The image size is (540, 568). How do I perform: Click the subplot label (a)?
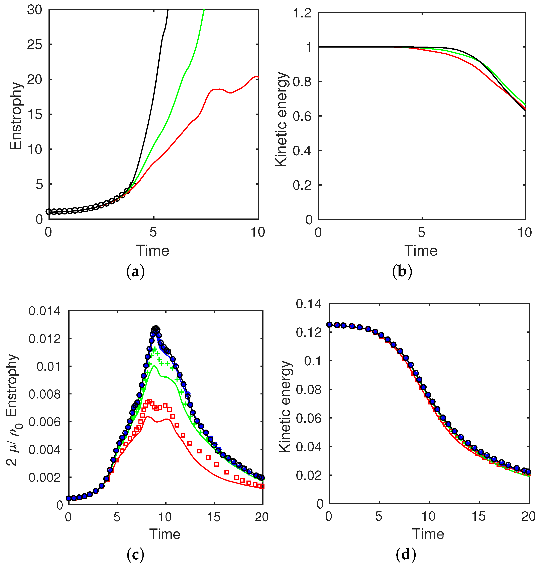[x=135, y=272]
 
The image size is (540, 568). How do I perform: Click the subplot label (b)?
[x=402, y=272]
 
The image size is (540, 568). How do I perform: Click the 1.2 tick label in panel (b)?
[x=302, y=13]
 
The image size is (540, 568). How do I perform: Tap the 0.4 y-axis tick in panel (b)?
[x=302, y=151]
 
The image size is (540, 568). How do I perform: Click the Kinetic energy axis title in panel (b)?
[x=282, y=119]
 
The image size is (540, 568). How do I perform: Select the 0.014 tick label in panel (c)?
[x=45, y=311]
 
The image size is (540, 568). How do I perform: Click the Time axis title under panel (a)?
[x=152, y=250]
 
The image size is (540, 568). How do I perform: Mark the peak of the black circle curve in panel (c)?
[x=156, y=328]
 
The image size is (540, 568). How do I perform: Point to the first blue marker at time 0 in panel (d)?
[x=329, y=324]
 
